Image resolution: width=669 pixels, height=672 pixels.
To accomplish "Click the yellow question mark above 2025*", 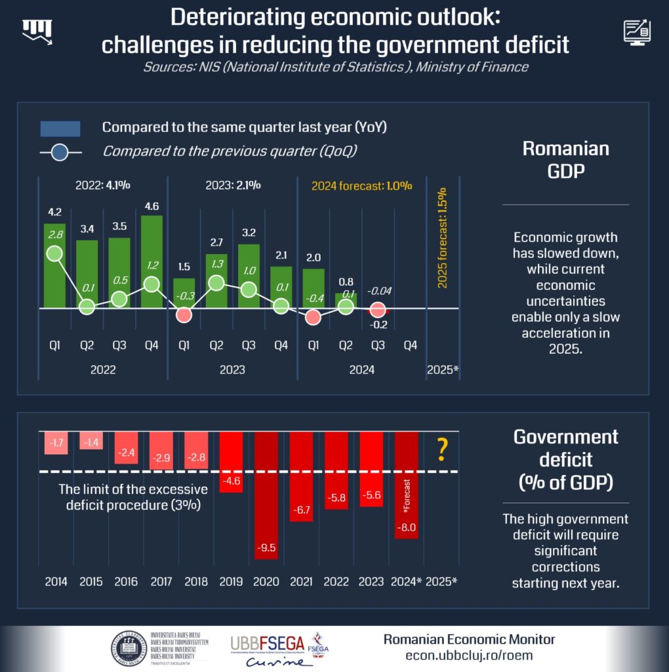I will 442,450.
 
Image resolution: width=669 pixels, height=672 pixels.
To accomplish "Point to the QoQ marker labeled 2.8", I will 54,254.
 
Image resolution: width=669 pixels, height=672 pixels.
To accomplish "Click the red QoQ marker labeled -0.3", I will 184,315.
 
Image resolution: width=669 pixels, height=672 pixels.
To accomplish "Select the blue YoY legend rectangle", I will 60,128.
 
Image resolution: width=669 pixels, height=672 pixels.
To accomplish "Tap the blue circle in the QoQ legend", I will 60,154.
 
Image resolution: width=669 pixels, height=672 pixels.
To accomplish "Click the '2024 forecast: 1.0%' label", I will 361,185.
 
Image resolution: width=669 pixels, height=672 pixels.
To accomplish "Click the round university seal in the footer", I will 129,648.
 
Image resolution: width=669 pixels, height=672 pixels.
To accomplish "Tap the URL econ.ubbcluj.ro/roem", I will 469,656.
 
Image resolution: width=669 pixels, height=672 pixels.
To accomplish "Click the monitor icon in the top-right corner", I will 637,31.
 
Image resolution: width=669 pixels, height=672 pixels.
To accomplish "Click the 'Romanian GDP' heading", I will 565,159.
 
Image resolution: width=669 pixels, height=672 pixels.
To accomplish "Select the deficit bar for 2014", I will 57,443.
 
